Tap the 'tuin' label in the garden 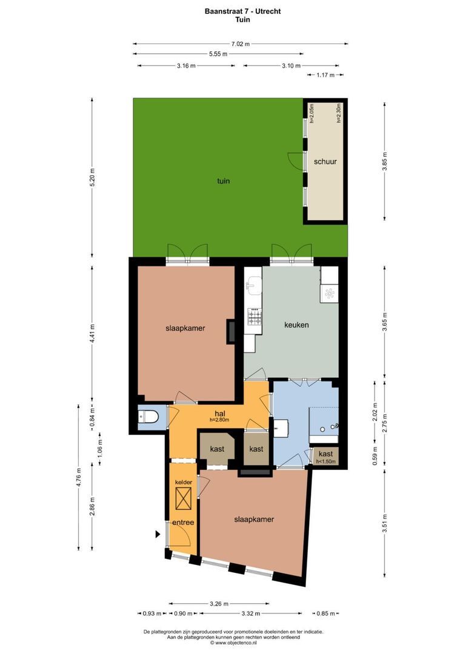click(224, 180)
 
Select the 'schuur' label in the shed click(325, 162)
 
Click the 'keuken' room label click(296, 325)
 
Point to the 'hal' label click(220, 414)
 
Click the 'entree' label click(182, 522)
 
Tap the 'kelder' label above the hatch click(182, 482)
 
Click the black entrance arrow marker click(158, 534)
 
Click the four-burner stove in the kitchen click(255, 317)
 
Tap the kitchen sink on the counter click(253, 286)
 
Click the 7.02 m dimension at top click(241, 44)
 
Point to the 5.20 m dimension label click(93, 178)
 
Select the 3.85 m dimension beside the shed click(384, 162)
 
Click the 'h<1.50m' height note click(325, 462)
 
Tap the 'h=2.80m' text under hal click(220, 420)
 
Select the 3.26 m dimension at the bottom click(219, 603)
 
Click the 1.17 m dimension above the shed click(325, 75)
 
